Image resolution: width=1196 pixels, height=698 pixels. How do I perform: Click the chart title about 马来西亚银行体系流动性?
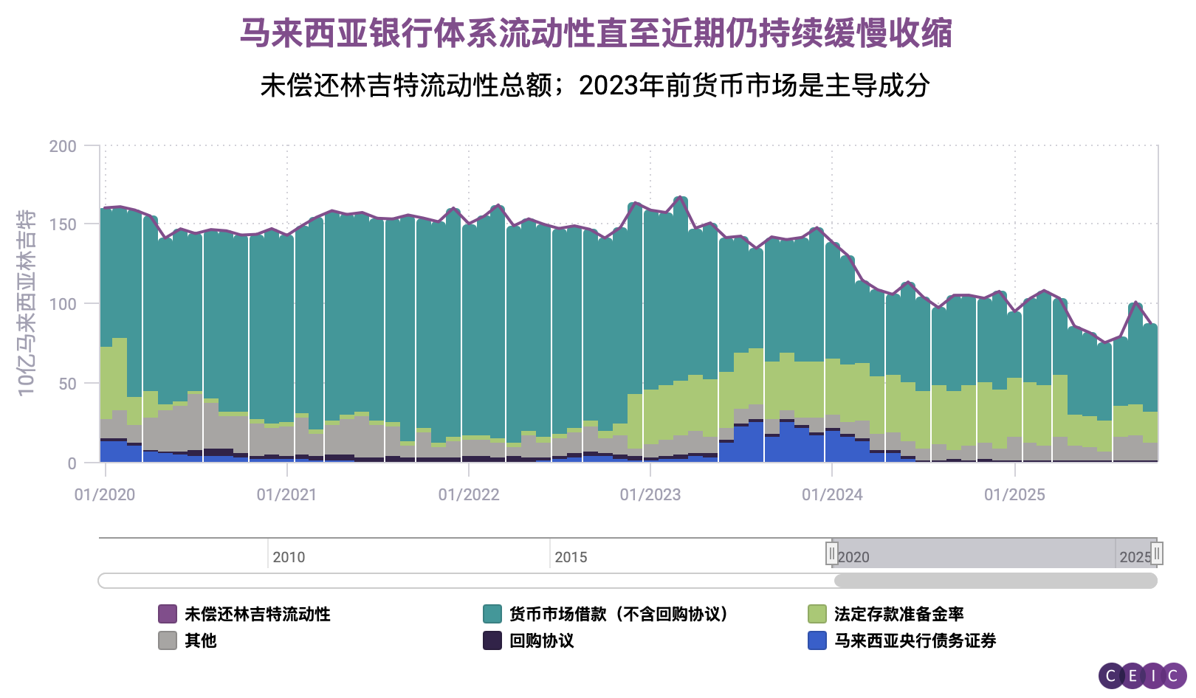coord(597,33)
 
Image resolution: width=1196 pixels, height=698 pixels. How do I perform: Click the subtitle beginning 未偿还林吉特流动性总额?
coord(595,86)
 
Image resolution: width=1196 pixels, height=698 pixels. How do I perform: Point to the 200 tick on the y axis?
coord(63,146)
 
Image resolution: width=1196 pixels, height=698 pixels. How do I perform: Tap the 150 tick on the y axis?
coord(63,224)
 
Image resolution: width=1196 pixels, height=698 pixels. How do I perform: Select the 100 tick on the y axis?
coord(63,304)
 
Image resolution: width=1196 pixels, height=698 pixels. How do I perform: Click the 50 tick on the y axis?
coord(67,384)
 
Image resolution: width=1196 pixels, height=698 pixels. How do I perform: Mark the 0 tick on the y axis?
coord(72,463)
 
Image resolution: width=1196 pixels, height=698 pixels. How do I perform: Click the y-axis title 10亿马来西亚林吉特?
coord(26,303)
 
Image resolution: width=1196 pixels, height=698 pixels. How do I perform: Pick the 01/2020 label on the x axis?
coord(105,495)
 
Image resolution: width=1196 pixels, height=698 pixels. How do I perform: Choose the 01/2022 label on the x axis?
coord(469,495)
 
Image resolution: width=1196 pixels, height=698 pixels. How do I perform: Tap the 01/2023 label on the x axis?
coord(650,495)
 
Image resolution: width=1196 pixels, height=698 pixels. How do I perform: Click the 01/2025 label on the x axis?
coord(1014,495)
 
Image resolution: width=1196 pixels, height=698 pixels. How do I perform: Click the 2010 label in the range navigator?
coord(289,557)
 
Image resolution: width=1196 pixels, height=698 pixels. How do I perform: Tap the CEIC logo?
coord(1142,676)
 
